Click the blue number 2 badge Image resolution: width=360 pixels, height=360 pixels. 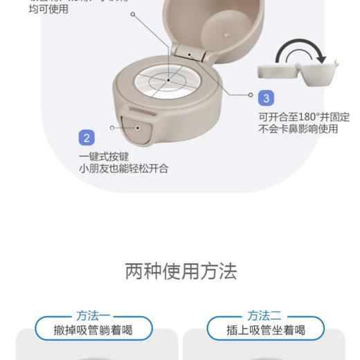87,138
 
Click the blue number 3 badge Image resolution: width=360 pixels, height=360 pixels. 267,98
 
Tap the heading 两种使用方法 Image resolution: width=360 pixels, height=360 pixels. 181,271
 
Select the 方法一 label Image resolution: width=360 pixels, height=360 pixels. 93,315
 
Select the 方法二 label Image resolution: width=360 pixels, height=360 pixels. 265,315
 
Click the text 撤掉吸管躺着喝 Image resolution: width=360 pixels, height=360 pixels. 93,330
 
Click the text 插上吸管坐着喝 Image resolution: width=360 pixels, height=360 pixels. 266,330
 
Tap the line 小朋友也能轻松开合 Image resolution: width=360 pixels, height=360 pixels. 123,168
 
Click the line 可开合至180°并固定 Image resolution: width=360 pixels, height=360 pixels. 304,116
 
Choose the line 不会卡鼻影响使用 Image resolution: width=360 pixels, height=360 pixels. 298,128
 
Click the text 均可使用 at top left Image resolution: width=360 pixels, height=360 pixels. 48,10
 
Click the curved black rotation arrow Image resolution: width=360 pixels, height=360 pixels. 300,51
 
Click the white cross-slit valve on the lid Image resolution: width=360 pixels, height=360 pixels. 168,80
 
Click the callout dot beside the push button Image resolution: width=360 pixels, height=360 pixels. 112,127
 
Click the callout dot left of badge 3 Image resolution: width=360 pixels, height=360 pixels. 251,95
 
